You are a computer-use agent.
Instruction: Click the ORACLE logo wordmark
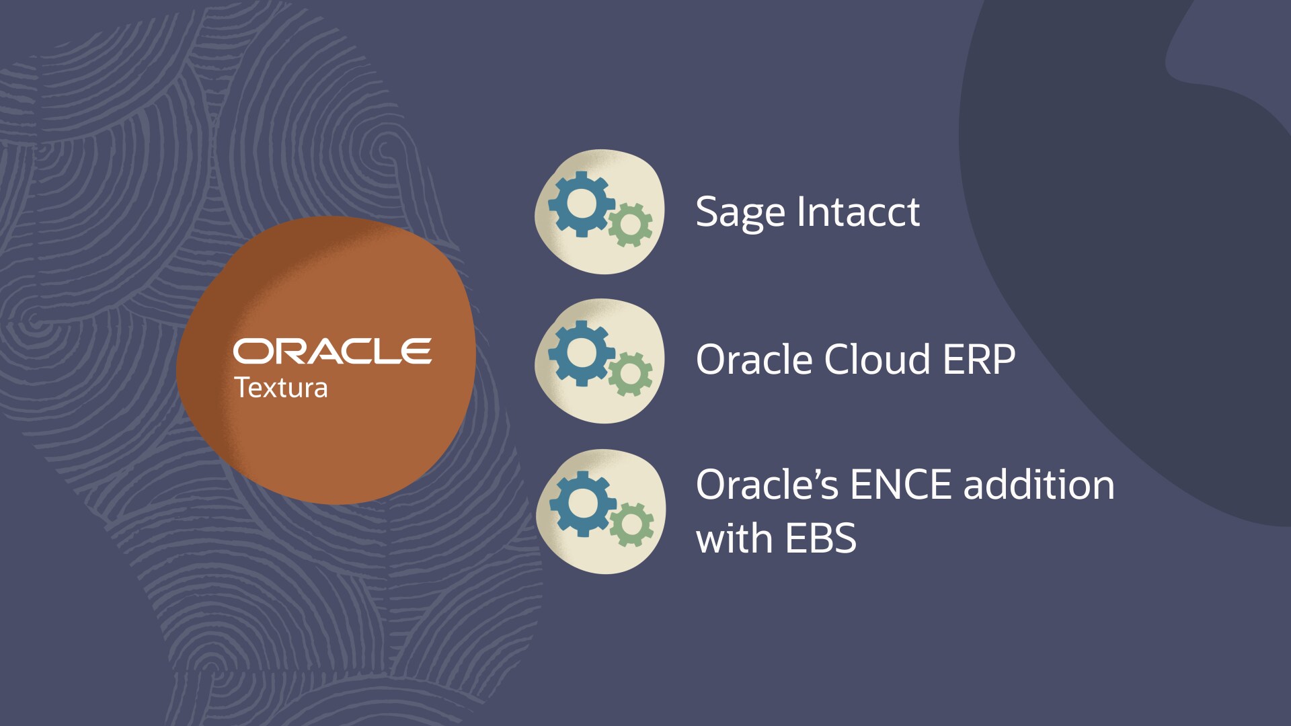(332, 352)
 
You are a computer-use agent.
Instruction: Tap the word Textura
(281, 388)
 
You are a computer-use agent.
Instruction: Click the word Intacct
(858, 212)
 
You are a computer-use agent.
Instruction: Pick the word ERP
(979, 360)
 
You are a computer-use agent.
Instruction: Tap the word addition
(1039, 485)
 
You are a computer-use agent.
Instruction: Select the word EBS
(820, 538)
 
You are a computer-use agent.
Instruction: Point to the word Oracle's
(767, 485)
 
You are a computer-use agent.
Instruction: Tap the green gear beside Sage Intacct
(630, 225)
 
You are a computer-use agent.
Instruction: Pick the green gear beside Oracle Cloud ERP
(630, 374)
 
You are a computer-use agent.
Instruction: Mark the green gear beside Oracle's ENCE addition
(631, 524)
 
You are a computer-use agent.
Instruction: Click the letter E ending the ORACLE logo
(416, 352)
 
